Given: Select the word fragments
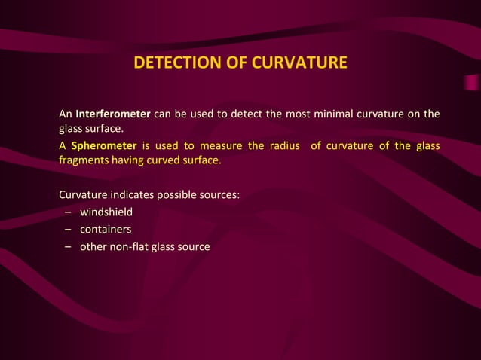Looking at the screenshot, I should [x=85, y=160].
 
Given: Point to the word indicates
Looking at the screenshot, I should [x=133, y=194].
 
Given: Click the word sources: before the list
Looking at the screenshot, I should [x=221, y=194].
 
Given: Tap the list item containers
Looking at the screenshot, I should [x=106, y=229].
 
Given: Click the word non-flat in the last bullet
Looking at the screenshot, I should [x=130, y=246].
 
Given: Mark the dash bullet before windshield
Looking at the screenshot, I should [x=68, y=212].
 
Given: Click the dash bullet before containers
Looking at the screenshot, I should [x=68, y=230].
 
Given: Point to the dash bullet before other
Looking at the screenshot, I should [x=68, y=247].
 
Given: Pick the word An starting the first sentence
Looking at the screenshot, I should [x=66, y=114].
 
